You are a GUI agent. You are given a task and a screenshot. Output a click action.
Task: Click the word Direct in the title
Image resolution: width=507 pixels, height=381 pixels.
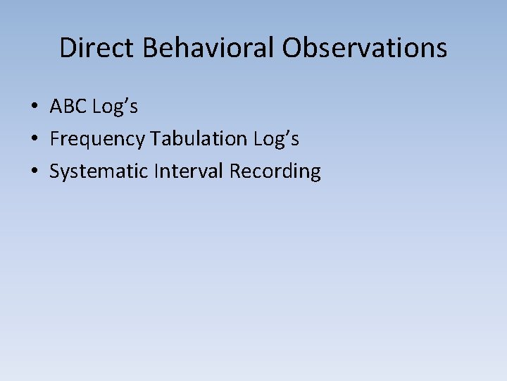97,48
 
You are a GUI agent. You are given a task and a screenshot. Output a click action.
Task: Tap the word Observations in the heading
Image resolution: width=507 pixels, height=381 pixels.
365,48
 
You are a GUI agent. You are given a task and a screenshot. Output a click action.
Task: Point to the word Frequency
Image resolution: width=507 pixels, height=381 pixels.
97,140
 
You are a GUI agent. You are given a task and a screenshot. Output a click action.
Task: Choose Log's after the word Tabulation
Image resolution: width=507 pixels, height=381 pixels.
277,140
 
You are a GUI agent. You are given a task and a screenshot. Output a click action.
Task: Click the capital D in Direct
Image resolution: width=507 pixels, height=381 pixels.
68,48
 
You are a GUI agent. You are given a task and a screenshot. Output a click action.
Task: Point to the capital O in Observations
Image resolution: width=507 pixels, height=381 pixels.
294,48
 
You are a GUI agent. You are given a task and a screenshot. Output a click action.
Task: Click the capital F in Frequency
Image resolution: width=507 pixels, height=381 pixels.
54,139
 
